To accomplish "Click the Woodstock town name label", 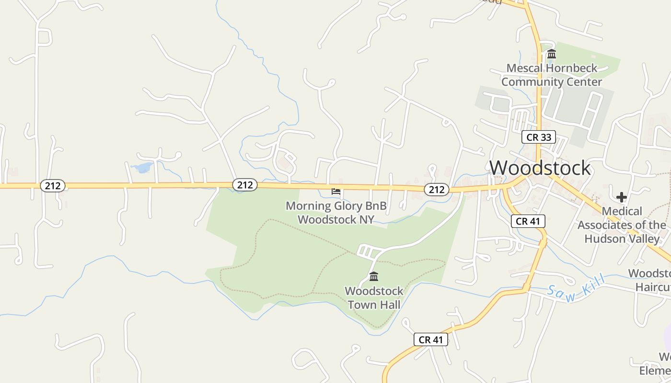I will [x=540, y=168].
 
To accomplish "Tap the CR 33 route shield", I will [x=539, y=137].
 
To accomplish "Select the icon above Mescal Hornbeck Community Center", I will [x=552, y=54].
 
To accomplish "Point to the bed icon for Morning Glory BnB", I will [x=336, y=191].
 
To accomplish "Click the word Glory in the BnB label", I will [x=347, y=206].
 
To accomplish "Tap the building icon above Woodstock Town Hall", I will [x=374, y=276].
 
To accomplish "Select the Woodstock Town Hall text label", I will [x=374, y=297].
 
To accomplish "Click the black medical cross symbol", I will [x=622, y=197].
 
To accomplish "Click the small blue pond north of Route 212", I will [x=142, y=168].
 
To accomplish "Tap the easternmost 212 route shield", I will [x=437, y=190].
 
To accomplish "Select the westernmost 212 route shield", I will [x=52, y=185].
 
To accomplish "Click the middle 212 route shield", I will [x=245, y=185].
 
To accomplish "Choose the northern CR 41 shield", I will [x=528, y=221].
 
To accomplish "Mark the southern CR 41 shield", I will [x=431, y=339].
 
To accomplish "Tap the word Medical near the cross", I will [x=622, y=211].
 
